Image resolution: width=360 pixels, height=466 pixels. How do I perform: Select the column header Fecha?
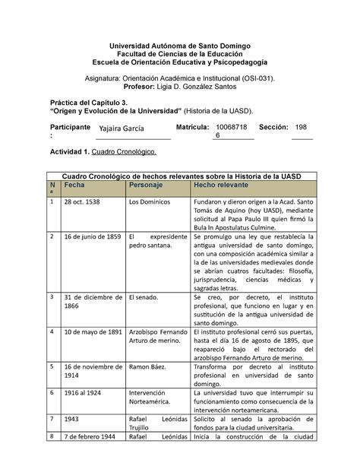[x=75, y=185]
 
